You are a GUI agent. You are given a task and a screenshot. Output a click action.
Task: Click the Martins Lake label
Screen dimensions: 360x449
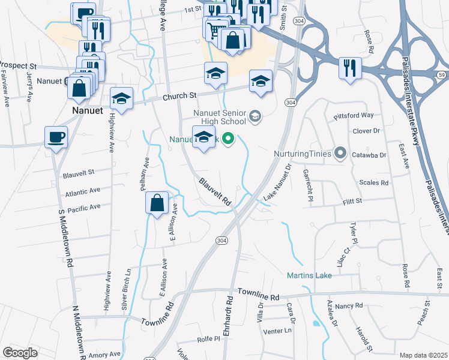point(310,276)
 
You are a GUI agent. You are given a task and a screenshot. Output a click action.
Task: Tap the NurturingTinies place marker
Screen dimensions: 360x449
point(341,154)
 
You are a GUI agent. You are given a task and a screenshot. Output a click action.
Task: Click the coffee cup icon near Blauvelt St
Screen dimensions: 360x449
point(56,137)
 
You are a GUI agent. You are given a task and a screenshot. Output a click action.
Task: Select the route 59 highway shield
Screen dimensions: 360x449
point(441,74)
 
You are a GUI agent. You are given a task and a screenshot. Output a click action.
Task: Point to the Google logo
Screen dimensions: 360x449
point(20,353)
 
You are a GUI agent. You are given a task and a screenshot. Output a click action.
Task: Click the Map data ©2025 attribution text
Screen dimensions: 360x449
point(423,355)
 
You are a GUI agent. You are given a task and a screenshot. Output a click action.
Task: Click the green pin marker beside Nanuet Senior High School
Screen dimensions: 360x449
point(228,140)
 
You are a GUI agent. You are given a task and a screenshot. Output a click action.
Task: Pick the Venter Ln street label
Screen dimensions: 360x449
point(281,331)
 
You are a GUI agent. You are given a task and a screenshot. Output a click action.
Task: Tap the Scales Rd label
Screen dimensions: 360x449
point(373,182)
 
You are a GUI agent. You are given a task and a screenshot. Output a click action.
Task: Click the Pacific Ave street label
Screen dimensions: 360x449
point(83,208)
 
